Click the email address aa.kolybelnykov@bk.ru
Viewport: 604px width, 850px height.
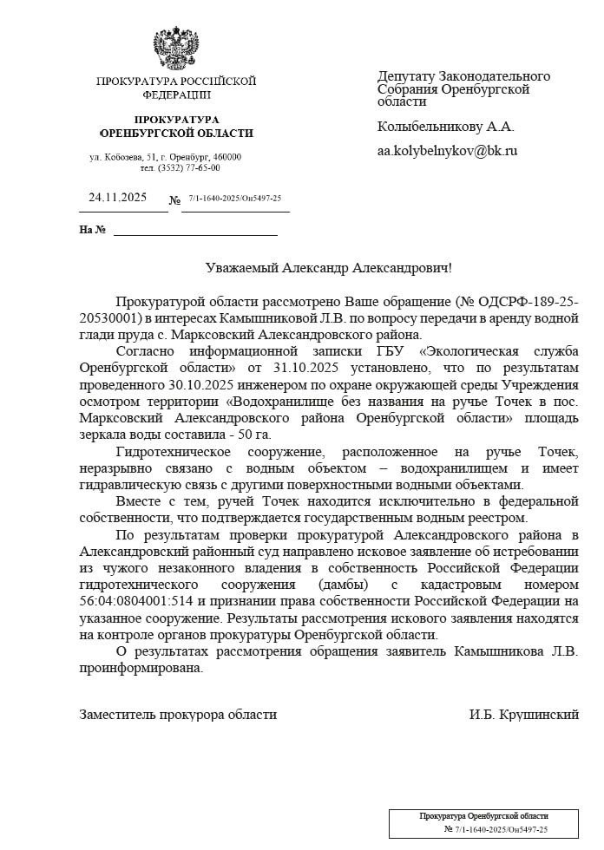coord(447,150)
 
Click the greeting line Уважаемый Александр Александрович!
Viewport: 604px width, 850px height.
coord(329,269)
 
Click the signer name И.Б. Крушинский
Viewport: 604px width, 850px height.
coord(523,715)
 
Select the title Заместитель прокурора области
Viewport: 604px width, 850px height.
coord(178,715)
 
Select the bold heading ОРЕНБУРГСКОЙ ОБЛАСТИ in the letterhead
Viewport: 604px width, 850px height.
coord(177,134)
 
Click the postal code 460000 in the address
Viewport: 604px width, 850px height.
coord(228,157)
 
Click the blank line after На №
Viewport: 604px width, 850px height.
coord(195,231)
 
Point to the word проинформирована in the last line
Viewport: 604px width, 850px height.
coord(141,667)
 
